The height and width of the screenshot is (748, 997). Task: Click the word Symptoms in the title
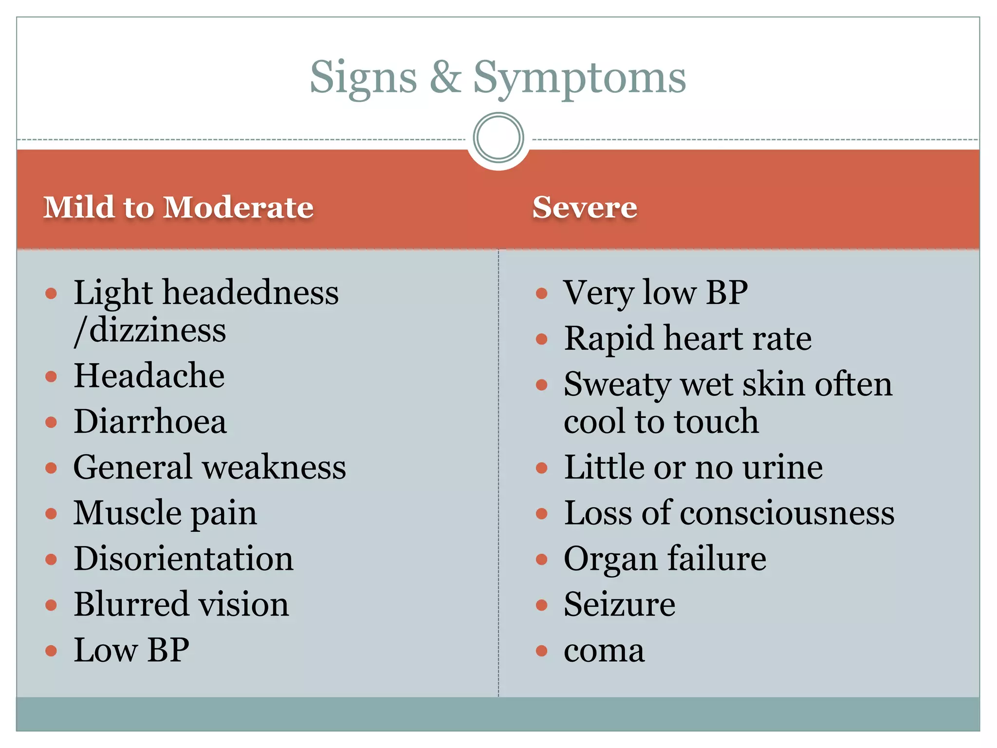[579, 78]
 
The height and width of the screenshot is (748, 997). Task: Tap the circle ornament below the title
[498, 138]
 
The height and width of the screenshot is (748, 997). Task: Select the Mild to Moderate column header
[178, 207]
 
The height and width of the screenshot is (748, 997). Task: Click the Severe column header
[584, 207]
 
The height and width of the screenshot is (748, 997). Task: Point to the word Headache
[149, 376]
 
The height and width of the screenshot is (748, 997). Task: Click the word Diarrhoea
[150, 421]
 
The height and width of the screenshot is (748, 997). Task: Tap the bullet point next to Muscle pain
[51, 514]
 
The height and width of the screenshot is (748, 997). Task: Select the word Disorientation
[184, 559]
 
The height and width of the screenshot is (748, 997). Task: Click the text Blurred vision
[181, 604]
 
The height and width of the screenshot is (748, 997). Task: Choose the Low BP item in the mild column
[131, 650]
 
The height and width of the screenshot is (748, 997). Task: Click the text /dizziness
[150, 331]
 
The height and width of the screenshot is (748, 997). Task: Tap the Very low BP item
[655, 293]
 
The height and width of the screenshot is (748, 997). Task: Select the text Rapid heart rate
[687, 338]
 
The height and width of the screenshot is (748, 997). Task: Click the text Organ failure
[665, 559]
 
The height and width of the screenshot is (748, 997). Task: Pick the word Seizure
[619, 604]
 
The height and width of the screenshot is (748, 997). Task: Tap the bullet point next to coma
[542, 651]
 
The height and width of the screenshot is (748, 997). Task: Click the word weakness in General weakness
[274, 467]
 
